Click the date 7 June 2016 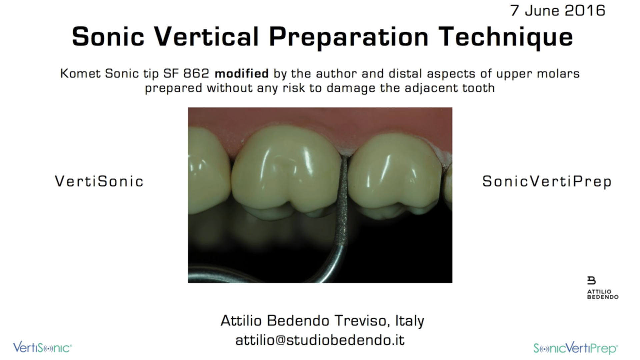(x=558, y=10)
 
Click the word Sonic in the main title (x=108, y=37)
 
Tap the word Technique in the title (x=506, y=37)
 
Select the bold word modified (x=242, y=73)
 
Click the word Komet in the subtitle (x=80, y=73)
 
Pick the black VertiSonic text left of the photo (x=99, y=181)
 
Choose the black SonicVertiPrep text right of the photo (x=547, y=181)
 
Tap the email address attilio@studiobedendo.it (x=320, y=340)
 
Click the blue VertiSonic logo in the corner (x=42, y=348)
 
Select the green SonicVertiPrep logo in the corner (x=576, y=348)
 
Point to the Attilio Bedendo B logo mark (x=591, y=280)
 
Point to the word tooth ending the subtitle (x=478, y=88)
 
